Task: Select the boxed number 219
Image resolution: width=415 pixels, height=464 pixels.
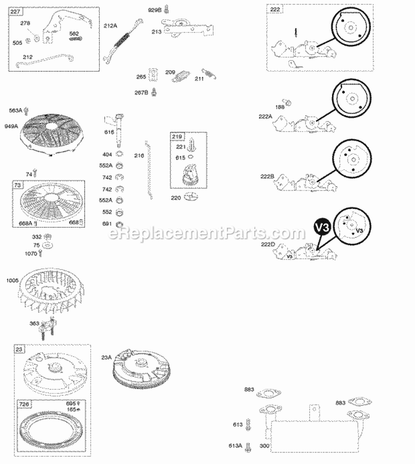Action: (x=178, y=137)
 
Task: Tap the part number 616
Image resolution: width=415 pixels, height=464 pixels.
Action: (x=110, y=132)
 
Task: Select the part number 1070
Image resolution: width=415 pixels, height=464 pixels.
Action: (x=31, y=253)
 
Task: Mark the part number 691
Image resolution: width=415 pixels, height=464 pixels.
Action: (x=107, y=224)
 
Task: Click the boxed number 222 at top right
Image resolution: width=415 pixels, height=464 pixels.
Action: (x=275, y=10)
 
